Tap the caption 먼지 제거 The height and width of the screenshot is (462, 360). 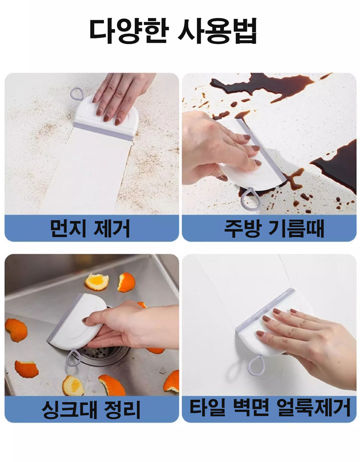click(90, 228)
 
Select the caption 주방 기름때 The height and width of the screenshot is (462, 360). click(274, 228)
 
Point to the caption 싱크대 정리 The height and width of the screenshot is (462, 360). click(91, 409)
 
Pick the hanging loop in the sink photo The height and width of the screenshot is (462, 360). click(73, 357)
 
